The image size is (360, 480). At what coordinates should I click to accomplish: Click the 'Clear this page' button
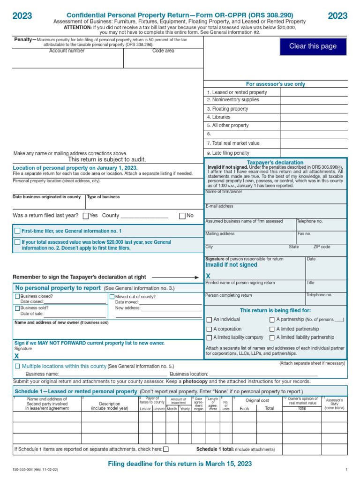pyautogui.click(x=313, y=46)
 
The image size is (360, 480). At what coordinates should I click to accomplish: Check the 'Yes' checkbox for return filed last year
pyautogui.click(x=85, y=216)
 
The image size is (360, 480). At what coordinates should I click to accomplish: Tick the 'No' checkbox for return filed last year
pyautogui.click(x=182, y=216)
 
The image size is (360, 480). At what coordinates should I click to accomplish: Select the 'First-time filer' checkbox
pyautogui.click(x=17, y=231)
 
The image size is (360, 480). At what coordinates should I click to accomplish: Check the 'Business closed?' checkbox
pyautogui.click(x=17, y=296)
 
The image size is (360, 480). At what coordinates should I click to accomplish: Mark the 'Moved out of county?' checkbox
pyautogui.click(x=112, y=297)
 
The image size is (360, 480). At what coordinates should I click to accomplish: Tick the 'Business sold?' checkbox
pyautogui.click(x=17, y=308)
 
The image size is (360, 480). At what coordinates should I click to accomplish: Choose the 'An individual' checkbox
pyautogui.click(x=209, y=320)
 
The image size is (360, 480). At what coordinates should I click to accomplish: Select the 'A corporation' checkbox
pyautogui.click(x=209, y=329)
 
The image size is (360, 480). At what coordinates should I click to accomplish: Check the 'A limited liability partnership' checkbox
pyautogui.click(x=272, y=337)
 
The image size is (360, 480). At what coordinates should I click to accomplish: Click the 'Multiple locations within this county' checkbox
pyautogui.click(x=17, y=366)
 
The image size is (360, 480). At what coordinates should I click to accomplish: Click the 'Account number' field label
pyautogui.click(x=67, y=51)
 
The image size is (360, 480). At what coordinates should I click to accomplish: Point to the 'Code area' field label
pyautogui.click(x=163, y=51)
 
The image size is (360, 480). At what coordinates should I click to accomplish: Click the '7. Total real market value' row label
pyautogui.click(x=233, y=143)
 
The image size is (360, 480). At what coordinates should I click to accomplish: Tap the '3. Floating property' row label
pyautogui.click(x=227, y=109)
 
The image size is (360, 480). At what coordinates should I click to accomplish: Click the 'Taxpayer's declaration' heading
pyautogui.click(x=275, y=163)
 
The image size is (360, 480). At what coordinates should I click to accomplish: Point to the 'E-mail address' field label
pyautogui.click(x=219, y=206)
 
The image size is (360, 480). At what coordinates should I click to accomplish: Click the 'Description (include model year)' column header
pyautogui.click(x=110, y=406)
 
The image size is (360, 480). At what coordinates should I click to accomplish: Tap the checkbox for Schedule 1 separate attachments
pyautogui.click(x=166, y=449)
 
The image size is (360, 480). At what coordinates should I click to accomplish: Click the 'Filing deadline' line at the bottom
pyautogui.click(x=180, y=464)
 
